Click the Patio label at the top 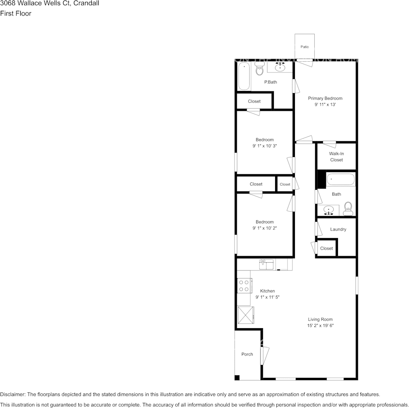coord(304,47)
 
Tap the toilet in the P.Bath coord(259,69)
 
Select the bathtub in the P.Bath coord(244,76)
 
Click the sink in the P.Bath coord(281,67)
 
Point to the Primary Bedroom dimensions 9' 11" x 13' coord(325,105)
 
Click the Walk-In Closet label coord(336,157)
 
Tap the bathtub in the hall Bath coord(341,179)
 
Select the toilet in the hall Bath coord(348,208)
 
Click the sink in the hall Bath coord(329,211)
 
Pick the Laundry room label coord(338,229)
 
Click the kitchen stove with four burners coord(244,285)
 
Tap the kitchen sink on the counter coord(266,264)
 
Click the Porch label coord(247,355)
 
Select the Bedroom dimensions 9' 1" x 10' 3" coord(264,146)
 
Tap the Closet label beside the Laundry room coord(326,248)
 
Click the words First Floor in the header coord(15,13)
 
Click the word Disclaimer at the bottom coord(13,394)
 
